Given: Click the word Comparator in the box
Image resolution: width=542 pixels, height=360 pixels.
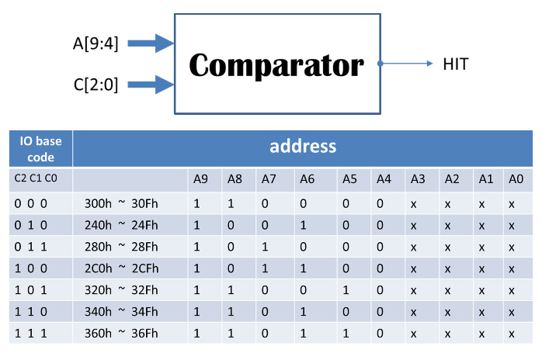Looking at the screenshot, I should pyautogui.click(x=276, y=65).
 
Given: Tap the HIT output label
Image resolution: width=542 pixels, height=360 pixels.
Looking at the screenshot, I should pyautogui.click(x=456, y=64).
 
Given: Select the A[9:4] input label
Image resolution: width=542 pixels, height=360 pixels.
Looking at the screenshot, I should pyautogui.click(x=96, y=44).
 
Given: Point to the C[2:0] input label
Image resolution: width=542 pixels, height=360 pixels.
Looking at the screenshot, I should pyautogui.click(x=96, y=84).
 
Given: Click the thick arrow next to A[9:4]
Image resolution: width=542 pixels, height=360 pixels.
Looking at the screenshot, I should pyautogui.click(x=151, y=43).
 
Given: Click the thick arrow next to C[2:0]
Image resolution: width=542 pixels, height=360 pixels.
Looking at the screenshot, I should pyautogui.click(x=151, y=83).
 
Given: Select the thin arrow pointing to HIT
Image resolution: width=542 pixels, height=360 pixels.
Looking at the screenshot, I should pyautogui.click(x=407, y=64).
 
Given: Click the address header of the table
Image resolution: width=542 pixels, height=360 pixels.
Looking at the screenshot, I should pyautogui.click(x=303, y=146).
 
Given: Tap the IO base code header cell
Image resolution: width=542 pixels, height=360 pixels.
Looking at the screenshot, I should pyautogui.click(x=36, y=147).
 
